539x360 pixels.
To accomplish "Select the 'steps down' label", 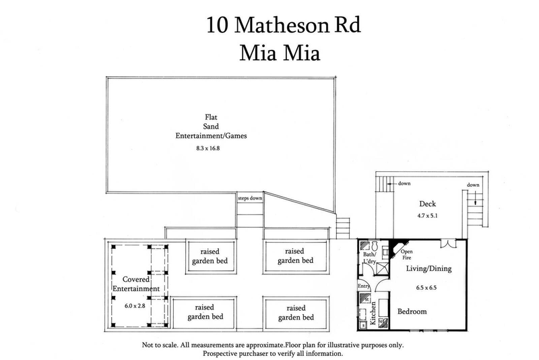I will pos(250,198).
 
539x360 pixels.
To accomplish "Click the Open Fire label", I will pos(408,256).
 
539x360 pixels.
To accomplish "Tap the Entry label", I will pos(364,286).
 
